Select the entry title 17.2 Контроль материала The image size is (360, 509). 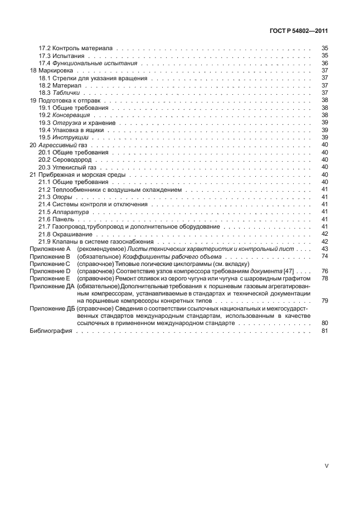pos(76,49)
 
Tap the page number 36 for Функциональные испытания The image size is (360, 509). pos(324,64)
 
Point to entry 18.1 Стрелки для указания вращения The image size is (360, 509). pos(93,78)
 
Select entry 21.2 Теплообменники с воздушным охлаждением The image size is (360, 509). pos(110,190)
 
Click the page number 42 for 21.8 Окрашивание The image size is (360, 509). pos(324,234)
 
